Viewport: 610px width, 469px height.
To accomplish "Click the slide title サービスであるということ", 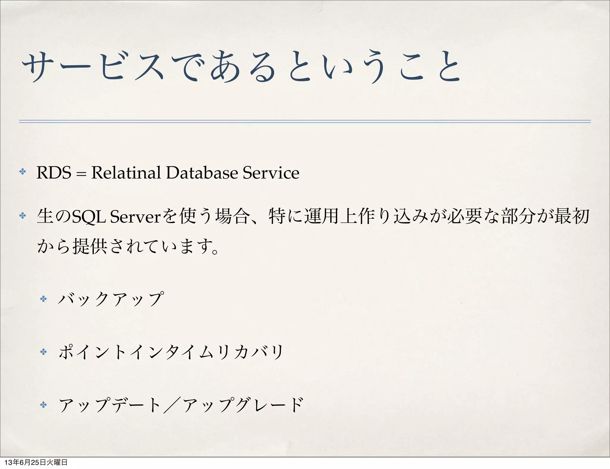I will [x=241, y=67].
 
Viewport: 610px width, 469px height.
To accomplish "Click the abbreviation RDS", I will [x=54, y=173].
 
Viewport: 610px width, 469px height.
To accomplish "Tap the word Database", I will [x=202, y=173].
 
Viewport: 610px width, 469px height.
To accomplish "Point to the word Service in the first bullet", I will [x=271, y=173].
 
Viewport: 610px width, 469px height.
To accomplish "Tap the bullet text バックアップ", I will [x=111, y=299].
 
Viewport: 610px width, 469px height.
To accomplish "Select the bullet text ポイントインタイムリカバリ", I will [x=171, y=352].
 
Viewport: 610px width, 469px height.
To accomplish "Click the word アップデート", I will [x=110, y=405].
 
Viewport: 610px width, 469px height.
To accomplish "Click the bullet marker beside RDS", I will [x=23, y=172].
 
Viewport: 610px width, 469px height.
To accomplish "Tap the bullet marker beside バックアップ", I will [x=43, y=299].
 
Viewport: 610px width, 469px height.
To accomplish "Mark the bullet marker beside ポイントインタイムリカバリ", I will [x=43, y=352].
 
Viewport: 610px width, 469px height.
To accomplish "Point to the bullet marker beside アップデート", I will [x=43, y=405].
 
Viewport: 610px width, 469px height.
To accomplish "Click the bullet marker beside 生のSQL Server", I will [x=23, y=215].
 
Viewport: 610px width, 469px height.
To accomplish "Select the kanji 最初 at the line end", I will [x=572, y=216].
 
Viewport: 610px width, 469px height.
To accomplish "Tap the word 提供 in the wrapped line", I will [x=90, y=246].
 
